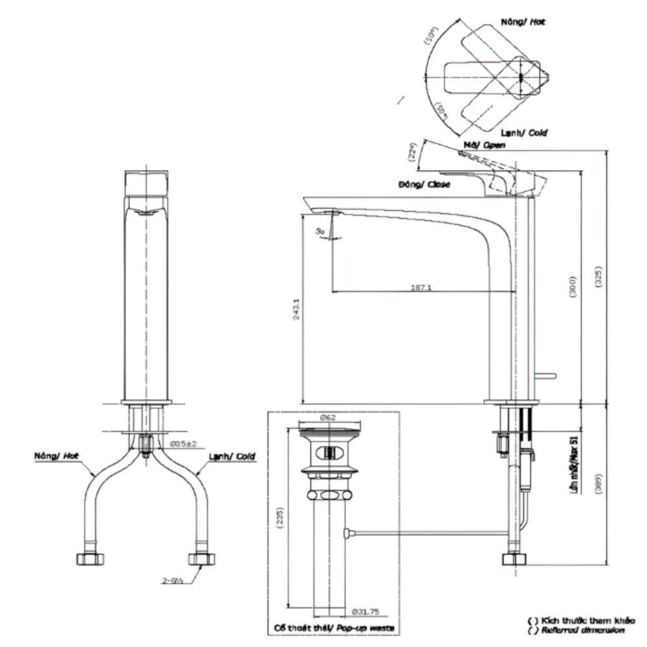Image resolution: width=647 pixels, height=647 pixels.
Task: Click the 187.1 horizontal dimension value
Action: tap(421, 287)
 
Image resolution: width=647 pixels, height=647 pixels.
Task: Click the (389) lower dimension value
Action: tap(598, 482)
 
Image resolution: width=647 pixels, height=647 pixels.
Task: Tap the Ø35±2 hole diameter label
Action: tap(183, 444)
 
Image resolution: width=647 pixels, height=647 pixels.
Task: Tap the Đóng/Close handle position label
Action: tap(424, 184)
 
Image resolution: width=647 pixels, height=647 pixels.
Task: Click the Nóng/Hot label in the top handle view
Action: tap(523, 21)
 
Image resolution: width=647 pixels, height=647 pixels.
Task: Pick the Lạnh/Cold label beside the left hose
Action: tap(231, 456)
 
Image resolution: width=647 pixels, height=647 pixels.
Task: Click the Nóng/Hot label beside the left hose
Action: tap(57, 456)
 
